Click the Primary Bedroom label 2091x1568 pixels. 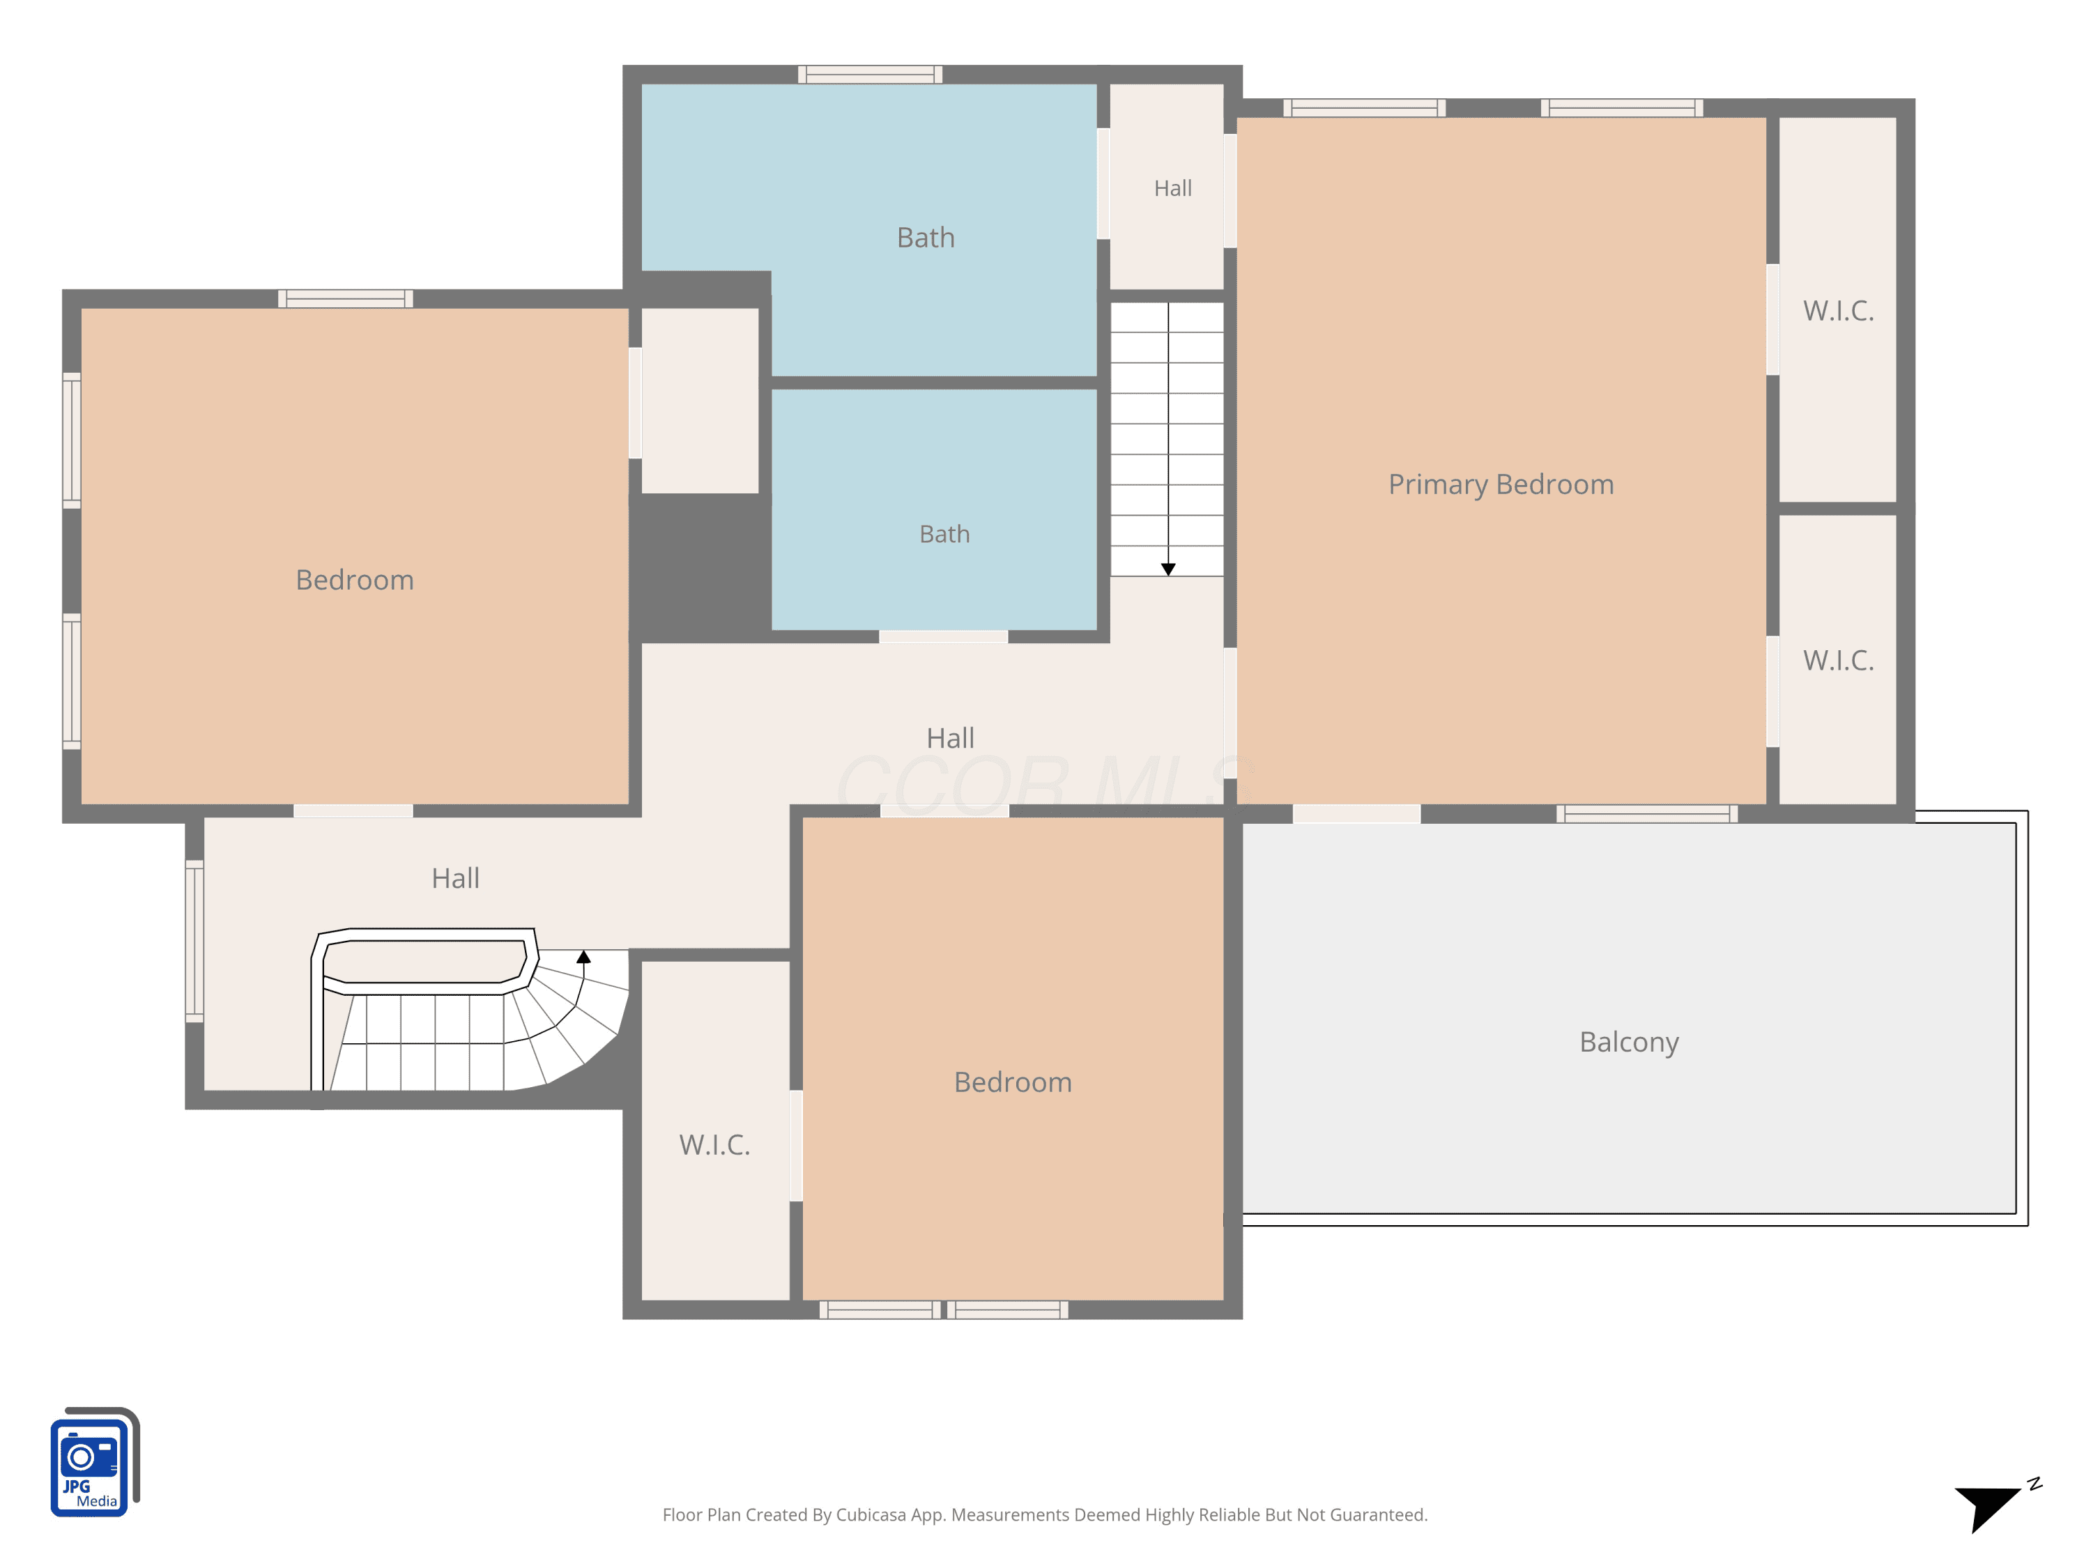click(1501, 485)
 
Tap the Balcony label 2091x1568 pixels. click(1629, 1042)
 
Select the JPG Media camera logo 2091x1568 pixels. click(95, 1462)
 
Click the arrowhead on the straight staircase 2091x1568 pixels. click(1168, 569)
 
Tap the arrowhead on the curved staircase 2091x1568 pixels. click(584, 957)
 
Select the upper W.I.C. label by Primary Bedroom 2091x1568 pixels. click(1839, 310)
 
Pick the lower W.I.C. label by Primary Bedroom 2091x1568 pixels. click(1839, 660)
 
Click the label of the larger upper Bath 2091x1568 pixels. click(926, 237)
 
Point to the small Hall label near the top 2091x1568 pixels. click(1172, 188)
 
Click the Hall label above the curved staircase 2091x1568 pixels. click(456, 878)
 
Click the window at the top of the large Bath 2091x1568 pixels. click(870, 75)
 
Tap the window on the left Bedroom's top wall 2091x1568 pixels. click(345, 299)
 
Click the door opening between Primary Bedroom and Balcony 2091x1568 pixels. click(1356, 814)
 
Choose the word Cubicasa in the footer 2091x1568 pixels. click(871, 1515)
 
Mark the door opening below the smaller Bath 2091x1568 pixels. click(944, 636)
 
